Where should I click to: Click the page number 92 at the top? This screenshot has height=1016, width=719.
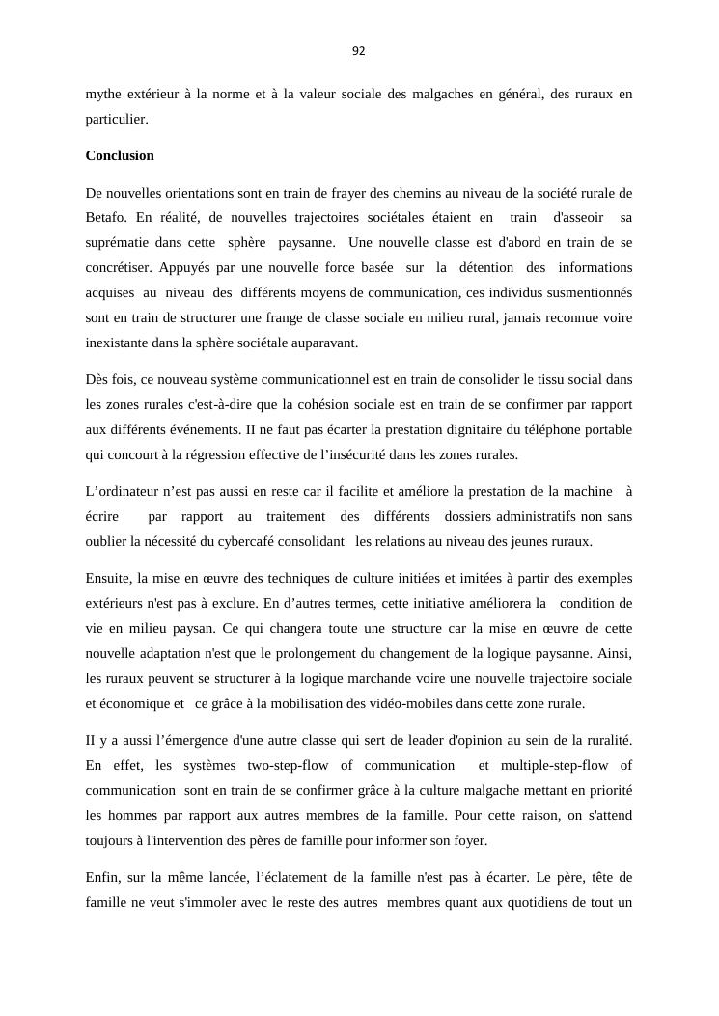click(359, 51)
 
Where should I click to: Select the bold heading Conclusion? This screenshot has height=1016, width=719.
click(120, 155)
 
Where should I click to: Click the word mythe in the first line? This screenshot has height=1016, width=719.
click(103, 94)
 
